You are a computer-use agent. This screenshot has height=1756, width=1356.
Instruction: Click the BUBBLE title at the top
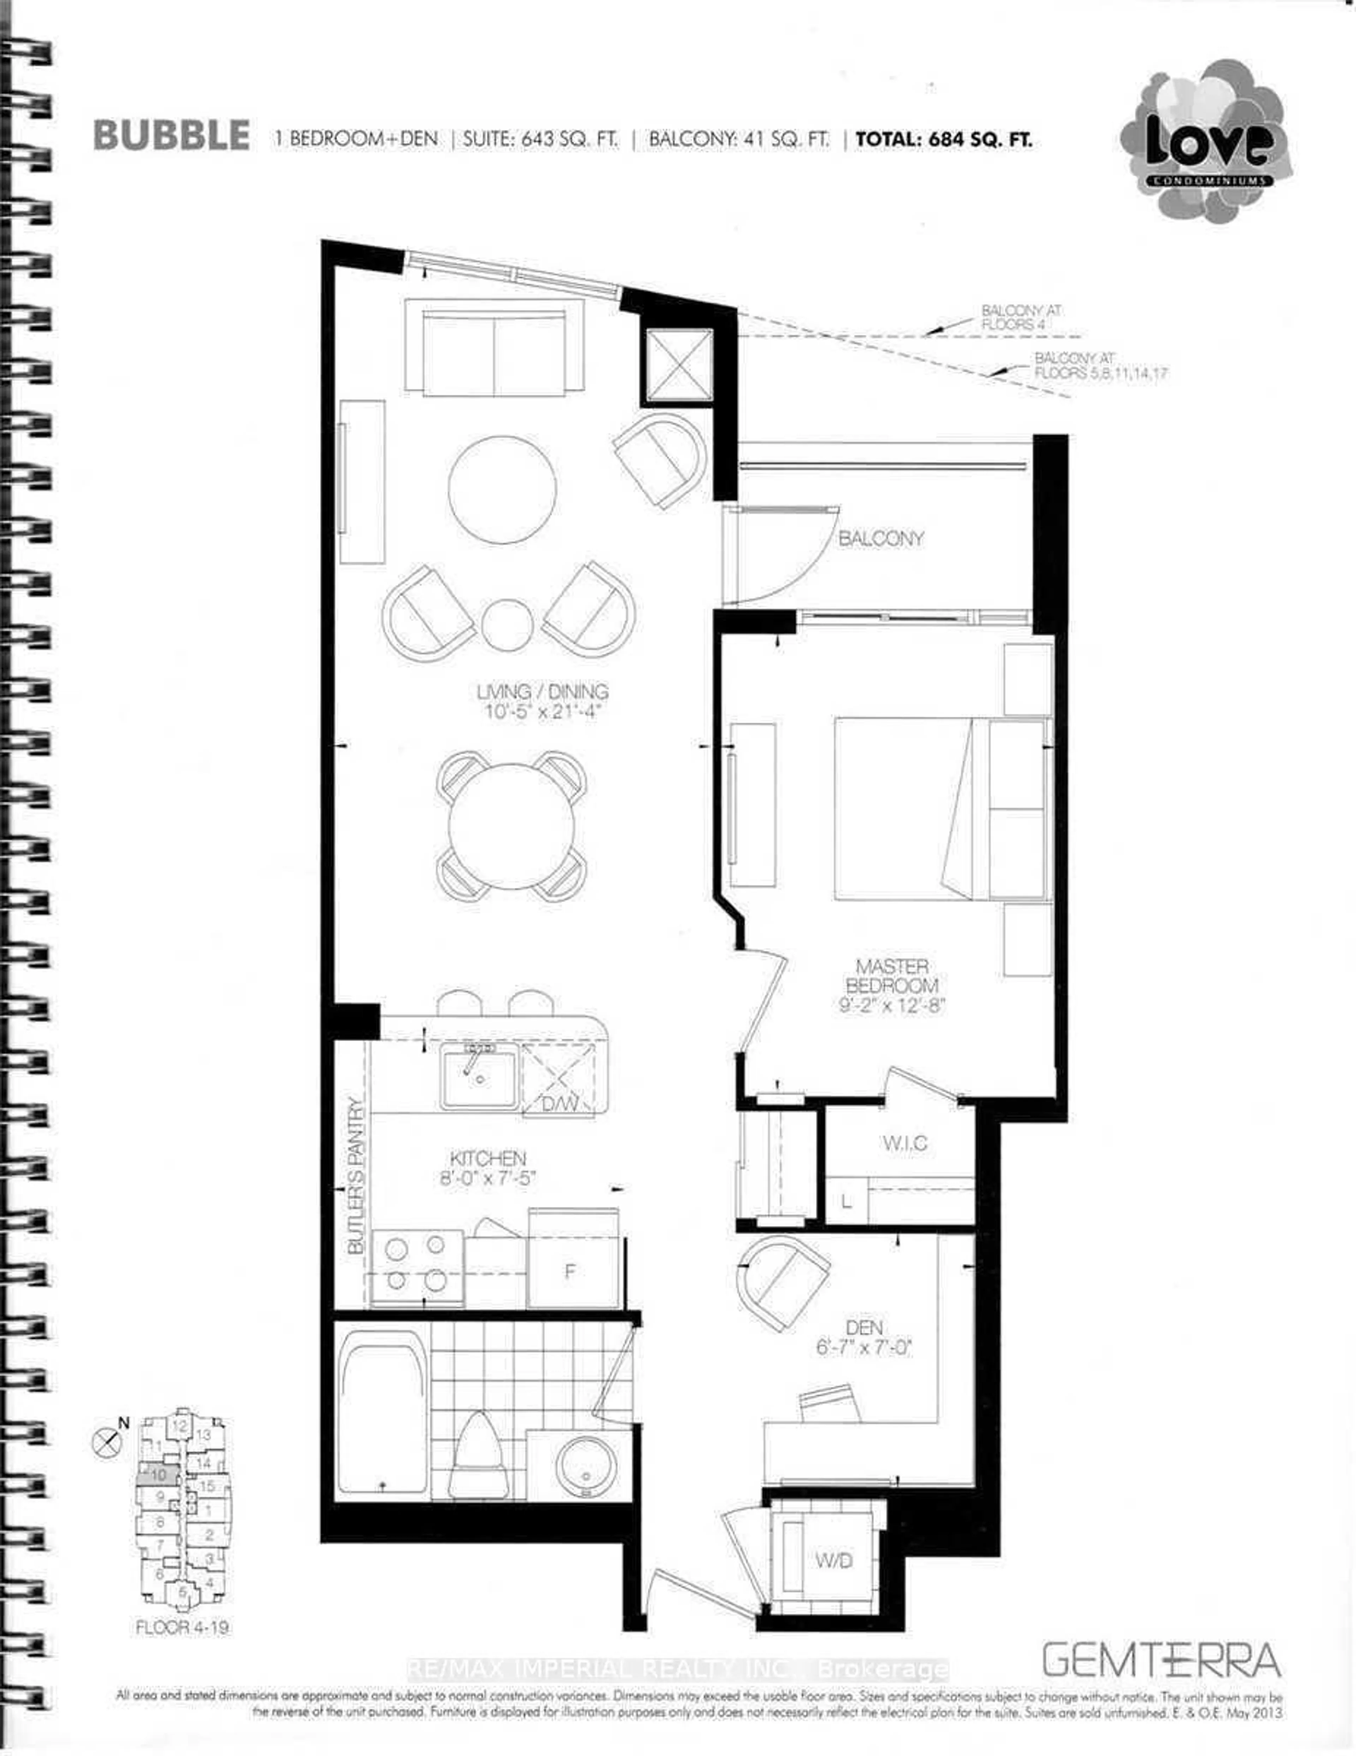(x=171, y=135)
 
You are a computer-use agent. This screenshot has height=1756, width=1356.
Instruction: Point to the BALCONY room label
(x=881, y=539)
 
